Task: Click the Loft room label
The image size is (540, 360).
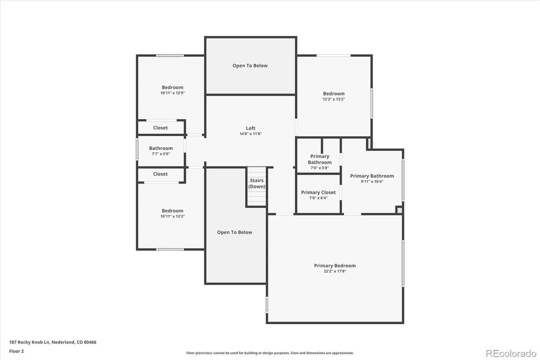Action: click(x=251, y=128)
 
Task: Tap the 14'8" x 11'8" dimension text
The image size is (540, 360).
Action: click(x=251, y=134)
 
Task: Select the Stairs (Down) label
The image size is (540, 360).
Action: click(x=257, y=184)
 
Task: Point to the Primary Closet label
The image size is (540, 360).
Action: click(x=318, y=192)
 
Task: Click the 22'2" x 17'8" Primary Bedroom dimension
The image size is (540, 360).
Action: click(x=335, y=271)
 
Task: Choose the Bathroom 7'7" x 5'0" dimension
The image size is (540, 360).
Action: click(x=161, y=154)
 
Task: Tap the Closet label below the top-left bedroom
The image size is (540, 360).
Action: click(x=160, y=128)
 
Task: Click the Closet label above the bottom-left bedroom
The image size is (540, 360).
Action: click(x=160, y=174)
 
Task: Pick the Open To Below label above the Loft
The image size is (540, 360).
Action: click(x=250, y=66)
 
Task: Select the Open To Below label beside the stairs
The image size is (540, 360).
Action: click(x=234, y=232)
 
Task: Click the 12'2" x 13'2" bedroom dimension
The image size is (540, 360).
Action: click(x=334, y=99)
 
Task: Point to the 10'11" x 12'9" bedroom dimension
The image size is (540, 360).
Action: click(x=173, y=93)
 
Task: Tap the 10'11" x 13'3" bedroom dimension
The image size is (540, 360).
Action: click(x=173, y=216)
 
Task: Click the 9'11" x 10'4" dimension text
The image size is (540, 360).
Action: click(x=372, y=181)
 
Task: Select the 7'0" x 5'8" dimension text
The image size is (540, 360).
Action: click(x=320, y=168)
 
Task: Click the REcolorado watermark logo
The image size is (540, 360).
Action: click(x=511, y=354)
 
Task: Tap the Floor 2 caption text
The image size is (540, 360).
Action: click(x=17, y=351)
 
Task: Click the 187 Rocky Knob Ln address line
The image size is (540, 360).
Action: click(x=53, y=342)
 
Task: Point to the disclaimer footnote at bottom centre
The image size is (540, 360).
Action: click(x=270, y=353)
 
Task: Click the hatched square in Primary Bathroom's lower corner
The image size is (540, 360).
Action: click(x=399, y=210)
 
